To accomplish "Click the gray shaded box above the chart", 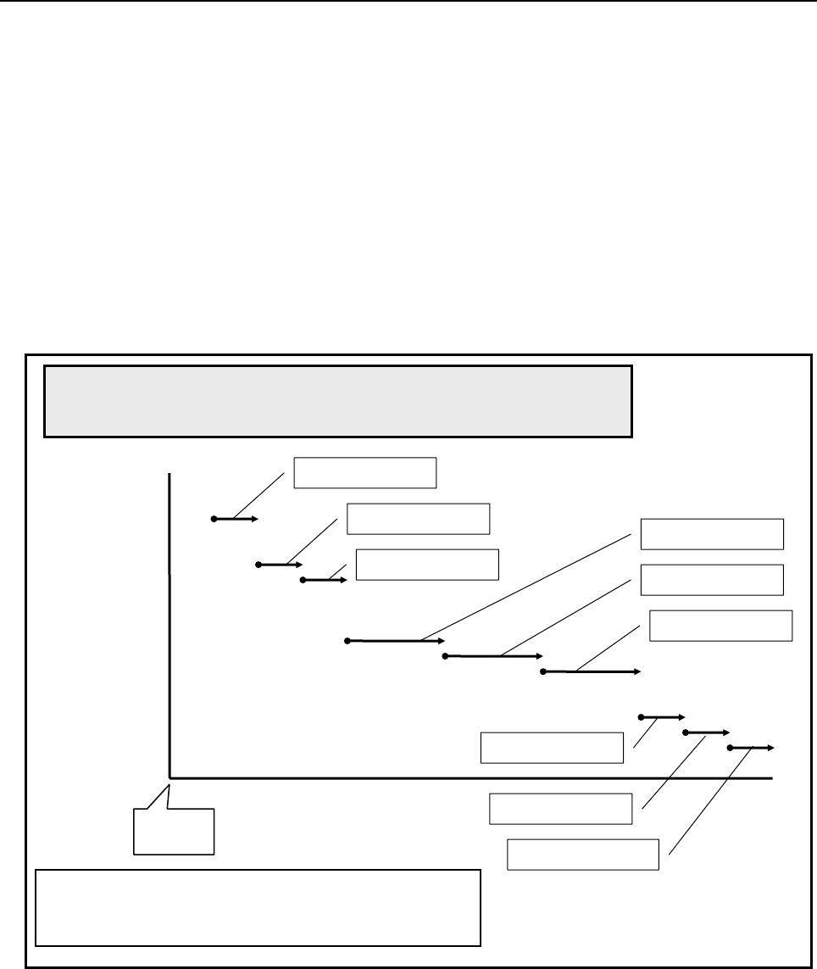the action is (x=338, y=401).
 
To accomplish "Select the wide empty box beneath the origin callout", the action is (x=258, y=906).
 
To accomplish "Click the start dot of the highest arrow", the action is (x=214, y=518).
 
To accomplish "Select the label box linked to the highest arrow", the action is (x=364, y=473).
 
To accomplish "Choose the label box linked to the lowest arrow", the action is (x=582, y=854).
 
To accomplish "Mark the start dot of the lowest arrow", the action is (x=730, y=748).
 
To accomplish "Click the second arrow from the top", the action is (x=280, y=564).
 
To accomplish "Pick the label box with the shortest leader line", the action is (x=427, y=565).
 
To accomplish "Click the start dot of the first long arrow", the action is (x=347, y=641).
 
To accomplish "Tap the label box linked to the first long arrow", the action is (x=712, y=534).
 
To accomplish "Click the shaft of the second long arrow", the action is (x=492, y=655).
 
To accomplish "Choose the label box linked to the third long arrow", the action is (x=720, y=625).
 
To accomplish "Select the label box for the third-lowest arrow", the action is (x=552, y=747).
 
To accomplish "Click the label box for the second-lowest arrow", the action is (x=561, y=808).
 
